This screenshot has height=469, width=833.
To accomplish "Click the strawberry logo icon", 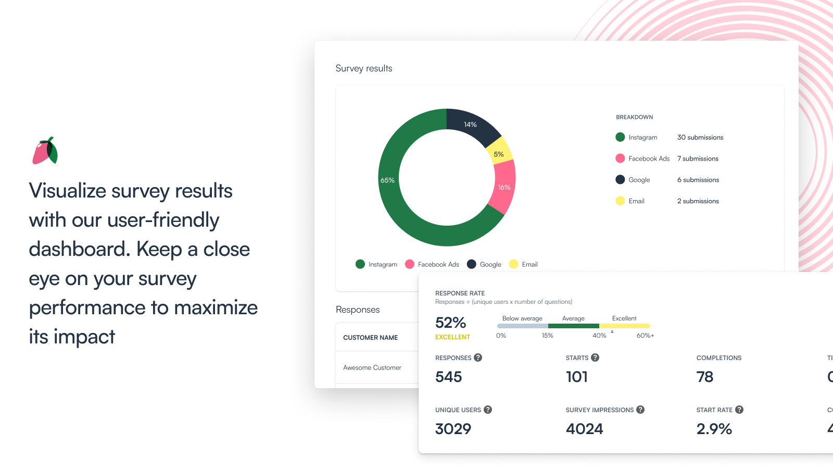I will [x=45, y=151].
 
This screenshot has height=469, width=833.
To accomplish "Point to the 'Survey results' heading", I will [x=364, y=68].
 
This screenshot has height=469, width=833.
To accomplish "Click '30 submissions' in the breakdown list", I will [x=700, y=138].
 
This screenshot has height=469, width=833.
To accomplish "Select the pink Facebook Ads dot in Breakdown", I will [x=620, y=158].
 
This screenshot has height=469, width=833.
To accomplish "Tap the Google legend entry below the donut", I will [x=485, y=264].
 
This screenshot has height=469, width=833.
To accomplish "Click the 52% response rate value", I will [x=450, y=323].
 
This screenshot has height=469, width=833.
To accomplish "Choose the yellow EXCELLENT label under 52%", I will [x=452, y=337].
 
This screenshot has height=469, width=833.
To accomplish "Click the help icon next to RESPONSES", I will [x=478, y=357].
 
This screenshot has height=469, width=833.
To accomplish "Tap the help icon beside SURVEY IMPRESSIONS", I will [x=640, y=410].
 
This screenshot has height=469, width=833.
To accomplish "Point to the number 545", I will [x=449, y=377].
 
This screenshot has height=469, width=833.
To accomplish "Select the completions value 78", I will [x=705, y=377].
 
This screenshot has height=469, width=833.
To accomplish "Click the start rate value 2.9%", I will [x=714, y=429].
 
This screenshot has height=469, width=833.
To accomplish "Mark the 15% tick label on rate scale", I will [x=547, y=336].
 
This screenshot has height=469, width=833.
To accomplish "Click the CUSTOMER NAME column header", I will [x=371, y=338].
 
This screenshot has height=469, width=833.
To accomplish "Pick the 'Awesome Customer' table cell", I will [x=372, y=367].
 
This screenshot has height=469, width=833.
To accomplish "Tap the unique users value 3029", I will [x=453, y=429].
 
